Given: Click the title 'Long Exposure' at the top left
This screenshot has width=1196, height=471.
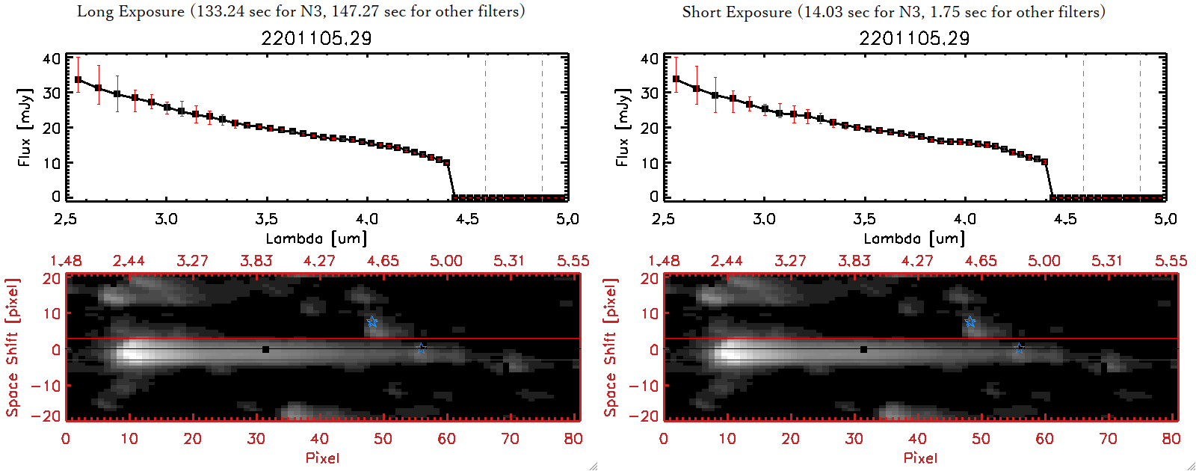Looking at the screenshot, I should (131, 11).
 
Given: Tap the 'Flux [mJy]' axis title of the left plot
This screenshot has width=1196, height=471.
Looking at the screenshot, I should (25, 127).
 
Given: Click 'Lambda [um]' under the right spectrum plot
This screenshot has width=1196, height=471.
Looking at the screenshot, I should (914, 238).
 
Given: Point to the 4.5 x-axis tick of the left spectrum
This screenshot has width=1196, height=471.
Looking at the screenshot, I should (467, 219).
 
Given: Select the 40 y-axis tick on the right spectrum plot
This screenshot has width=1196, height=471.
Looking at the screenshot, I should (650, 58).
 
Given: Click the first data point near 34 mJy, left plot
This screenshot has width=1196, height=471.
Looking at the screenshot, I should (78, 79).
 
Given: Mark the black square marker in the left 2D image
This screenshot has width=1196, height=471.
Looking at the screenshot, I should (265, 349).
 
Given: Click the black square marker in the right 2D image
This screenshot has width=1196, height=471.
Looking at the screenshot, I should (863, 349).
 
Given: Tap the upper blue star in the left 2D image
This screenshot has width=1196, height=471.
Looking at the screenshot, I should (372, 322).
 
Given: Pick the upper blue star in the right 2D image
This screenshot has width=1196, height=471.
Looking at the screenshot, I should (970, 322).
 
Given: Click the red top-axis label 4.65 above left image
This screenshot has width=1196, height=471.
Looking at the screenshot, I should (383, 261).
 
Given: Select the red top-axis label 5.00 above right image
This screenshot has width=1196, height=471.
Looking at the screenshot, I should (1044, 261).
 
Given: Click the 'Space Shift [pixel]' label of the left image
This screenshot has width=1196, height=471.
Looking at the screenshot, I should (12, 348).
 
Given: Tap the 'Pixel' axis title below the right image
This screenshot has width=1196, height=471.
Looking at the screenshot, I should (920, 458).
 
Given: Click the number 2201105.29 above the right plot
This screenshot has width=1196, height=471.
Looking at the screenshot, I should (914, 38).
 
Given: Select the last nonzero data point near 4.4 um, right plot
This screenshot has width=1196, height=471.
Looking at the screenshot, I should (1044, 161).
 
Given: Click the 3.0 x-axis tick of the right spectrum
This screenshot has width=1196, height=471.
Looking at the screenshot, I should (764, 219).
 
